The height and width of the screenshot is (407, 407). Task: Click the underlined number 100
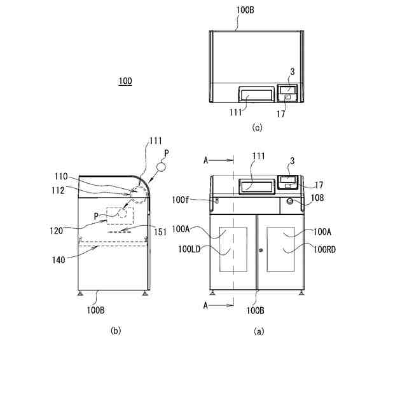point(125,81)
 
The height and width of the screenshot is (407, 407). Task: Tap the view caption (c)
point(257,128)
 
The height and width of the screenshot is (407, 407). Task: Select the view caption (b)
point(115,330)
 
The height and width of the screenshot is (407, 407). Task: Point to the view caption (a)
point(259,331)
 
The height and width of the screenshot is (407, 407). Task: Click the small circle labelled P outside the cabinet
point(161,167)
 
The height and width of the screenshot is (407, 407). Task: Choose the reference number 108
point(317,198)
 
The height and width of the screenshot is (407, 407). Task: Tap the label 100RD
point(322,249)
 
